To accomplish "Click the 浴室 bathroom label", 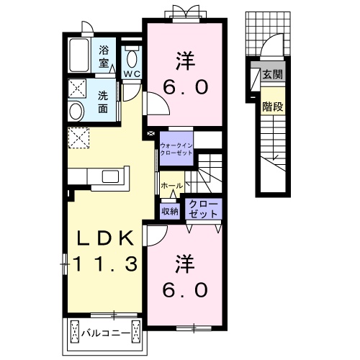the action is click(x=104, y=57).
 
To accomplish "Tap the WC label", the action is click(x=132, y=74).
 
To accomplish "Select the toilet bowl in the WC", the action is click(x=132, y=59).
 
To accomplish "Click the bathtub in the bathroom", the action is click(x=79, y=55).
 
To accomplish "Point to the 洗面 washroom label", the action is click(x=103, y=102).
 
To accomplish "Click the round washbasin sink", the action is click(x=76, y=112).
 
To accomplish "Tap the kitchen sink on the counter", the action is click(x=110, y=176).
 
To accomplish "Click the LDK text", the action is click(x=105, y=238).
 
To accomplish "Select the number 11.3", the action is click(x=105, y=264).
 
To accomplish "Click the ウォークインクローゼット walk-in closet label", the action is click(x=176, y=149).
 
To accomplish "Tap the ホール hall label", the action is click(x=171, y=186).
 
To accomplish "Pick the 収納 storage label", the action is click(x=170, y=211).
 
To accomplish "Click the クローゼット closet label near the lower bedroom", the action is click(x=203, y=209).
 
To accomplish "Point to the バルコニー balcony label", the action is click(x=106, y=333).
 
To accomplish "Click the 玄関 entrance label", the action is click(x=272, y=74).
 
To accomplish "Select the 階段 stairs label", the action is click(x=272, y=107).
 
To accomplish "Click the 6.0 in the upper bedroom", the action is click(x=185, y=87).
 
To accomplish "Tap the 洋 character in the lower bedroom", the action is click(x=185, y=264).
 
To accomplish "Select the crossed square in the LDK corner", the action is click(x=78, y=138).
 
